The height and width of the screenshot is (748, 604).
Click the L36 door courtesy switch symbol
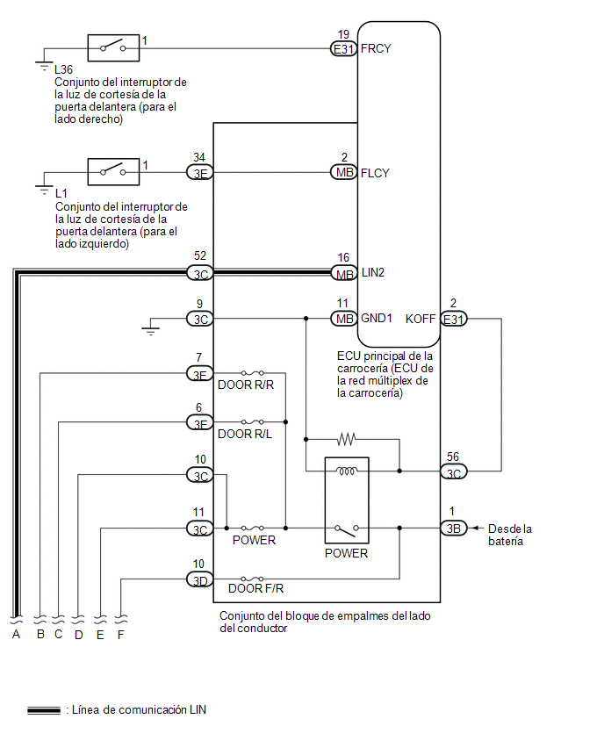(x=113, y=47)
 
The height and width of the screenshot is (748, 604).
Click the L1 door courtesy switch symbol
(x=113, y=172)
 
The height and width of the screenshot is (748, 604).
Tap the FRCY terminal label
(x=376, y=48)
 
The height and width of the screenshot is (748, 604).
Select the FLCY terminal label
(x=375, y=173)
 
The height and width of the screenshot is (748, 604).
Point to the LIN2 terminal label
(x=372, y=272)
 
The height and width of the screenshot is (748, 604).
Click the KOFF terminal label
(x=421, y=319)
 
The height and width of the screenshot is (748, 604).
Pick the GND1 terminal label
(x=377, y=318)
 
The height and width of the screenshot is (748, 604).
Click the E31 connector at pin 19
(x=343, y=48)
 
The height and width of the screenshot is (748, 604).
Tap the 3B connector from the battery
(x=454, y=529)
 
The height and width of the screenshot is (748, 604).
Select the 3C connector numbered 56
(x=454, y=471)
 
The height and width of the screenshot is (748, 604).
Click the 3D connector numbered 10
(x=200, y=579)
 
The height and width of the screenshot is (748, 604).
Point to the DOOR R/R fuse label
(x=246, y=385)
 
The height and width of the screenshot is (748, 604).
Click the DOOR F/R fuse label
(x=255, y=589)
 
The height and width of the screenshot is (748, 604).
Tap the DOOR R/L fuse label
(x=245, y=434)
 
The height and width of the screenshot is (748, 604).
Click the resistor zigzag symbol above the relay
(x=347, y=439)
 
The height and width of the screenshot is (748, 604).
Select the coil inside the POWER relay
(x=347, y=471)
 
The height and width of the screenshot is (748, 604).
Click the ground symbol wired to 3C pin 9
(x=150, y=327)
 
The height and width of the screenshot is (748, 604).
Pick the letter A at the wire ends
(x=16, y=635)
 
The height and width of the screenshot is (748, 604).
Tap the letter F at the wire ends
(x=120, y=635)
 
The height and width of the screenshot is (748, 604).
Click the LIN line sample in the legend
(x=44, y=710)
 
